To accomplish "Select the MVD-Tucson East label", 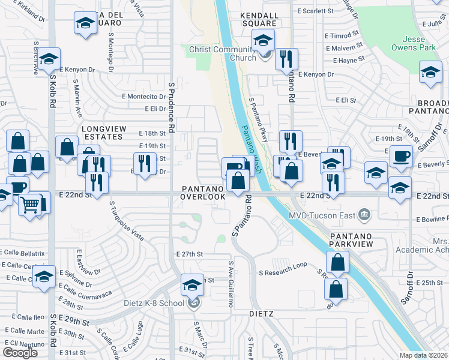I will tap(322, 215).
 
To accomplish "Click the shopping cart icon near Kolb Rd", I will tap(30, 204).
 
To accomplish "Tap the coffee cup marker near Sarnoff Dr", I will tap(400, 156).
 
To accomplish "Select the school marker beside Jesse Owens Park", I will tap(430, 72).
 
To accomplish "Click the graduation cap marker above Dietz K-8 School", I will tap(192, 285).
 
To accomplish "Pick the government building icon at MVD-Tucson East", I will tap(364, 215).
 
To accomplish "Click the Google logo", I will tap(20, 352).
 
